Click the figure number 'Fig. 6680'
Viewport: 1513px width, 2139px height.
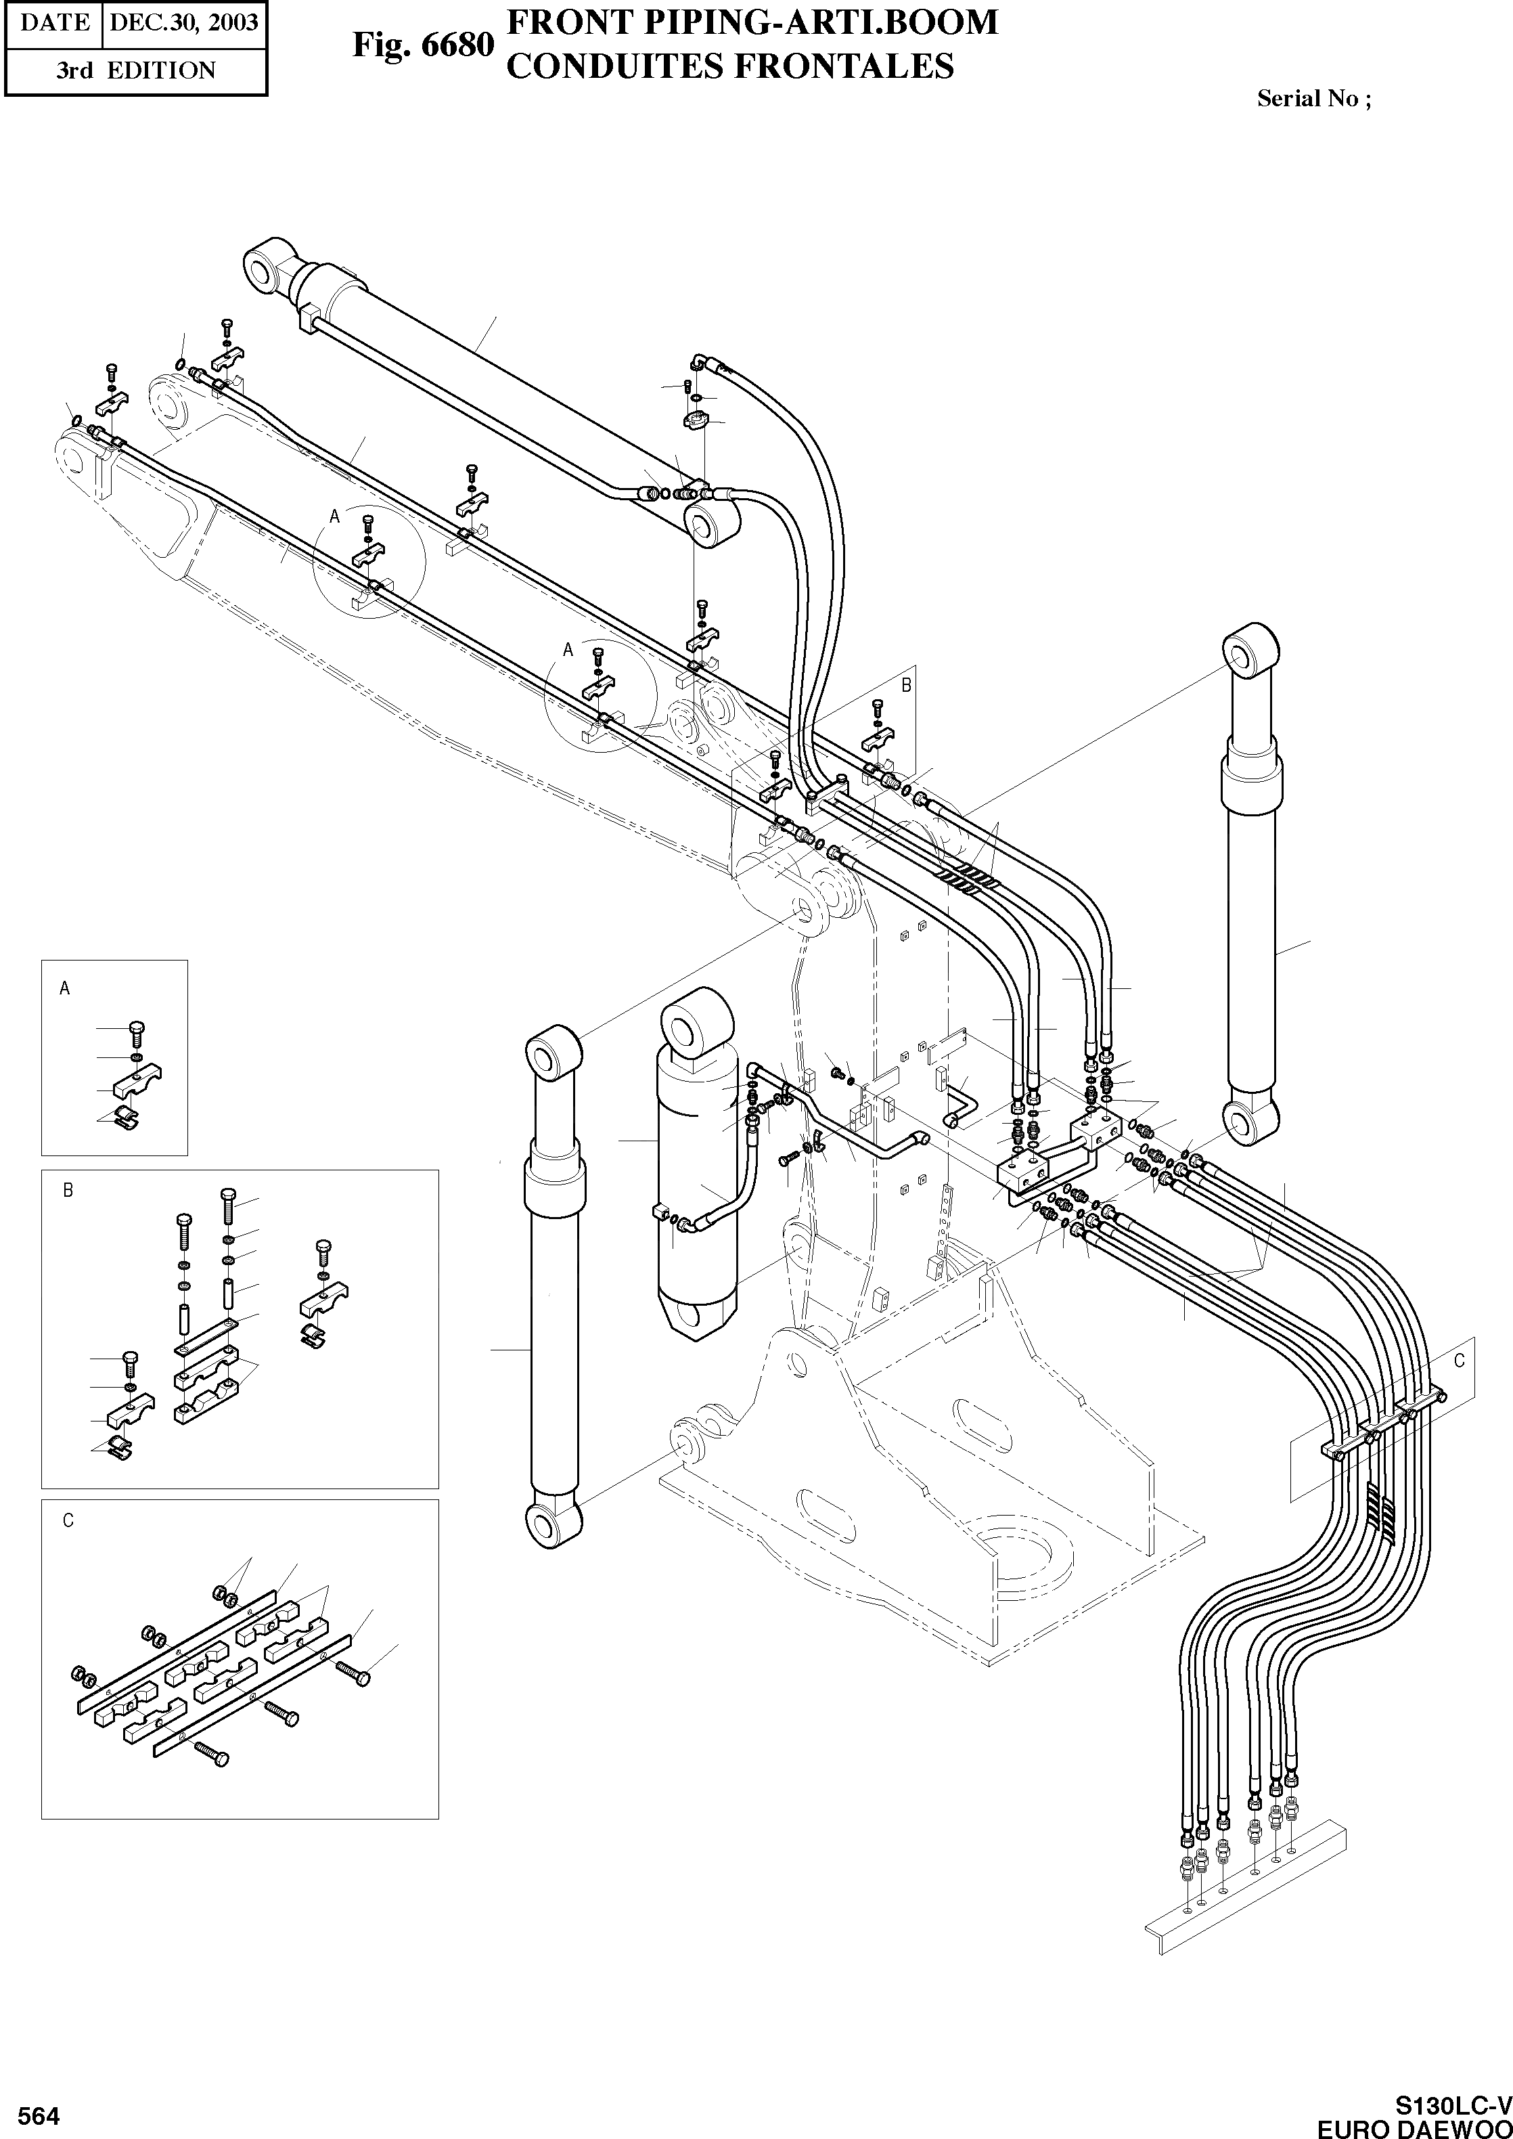coord(422,44)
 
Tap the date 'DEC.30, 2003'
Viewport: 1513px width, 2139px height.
coord(183,22)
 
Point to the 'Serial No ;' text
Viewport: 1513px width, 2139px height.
coord(1313,98)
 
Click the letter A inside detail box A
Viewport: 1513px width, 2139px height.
coord(64,988)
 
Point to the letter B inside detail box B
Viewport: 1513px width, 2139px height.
coord(68,1190)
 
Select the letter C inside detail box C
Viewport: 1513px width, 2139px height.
coord(68,1521)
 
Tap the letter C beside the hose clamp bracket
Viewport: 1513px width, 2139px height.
coord(1459,1361)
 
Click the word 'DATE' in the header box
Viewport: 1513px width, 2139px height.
coord(54,22)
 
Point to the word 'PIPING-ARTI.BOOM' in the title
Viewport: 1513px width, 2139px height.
coord(802,22)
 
